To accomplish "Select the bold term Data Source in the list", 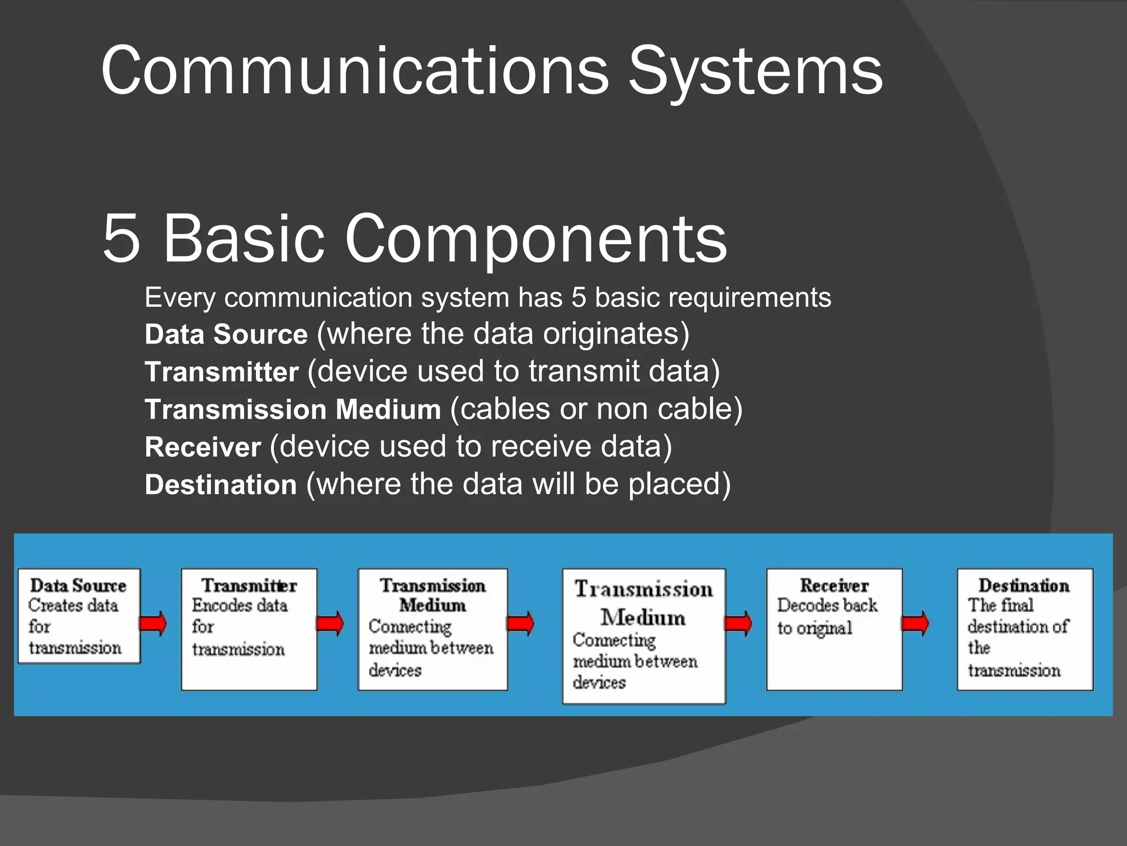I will coord(226,335).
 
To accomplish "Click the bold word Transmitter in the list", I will coord(221,372).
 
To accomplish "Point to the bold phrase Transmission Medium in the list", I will coord(292,410).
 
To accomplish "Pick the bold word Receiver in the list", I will coord(203,447).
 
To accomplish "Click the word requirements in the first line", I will coord(749,298).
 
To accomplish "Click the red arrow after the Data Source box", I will coord(153,623).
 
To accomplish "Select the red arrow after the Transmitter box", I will coord(330,623).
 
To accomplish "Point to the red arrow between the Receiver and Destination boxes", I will coord(915,624).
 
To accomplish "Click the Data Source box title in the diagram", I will coord(78,585).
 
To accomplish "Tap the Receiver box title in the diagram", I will coord(834,585).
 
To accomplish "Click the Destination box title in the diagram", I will coord(1024,585).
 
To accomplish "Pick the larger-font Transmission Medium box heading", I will coord(643,603).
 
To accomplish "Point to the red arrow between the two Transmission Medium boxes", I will coord(520,623).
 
